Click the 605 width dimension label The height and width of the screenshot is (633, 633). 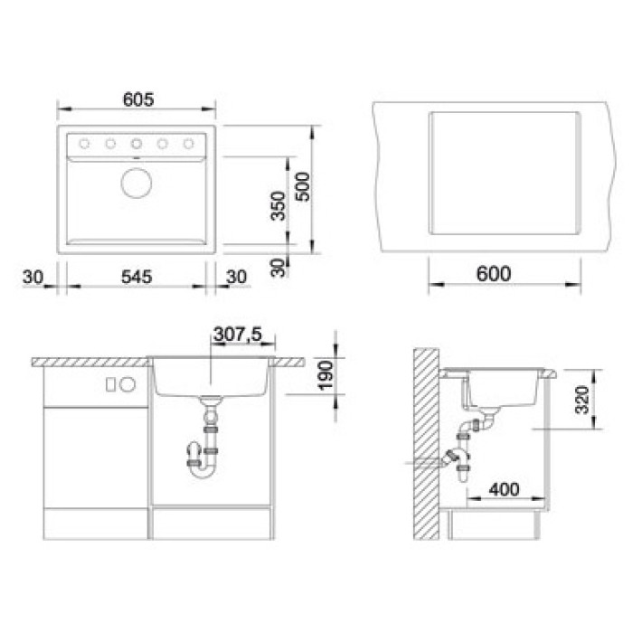(138, 99)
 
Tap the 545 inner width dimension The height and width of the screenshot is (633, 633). (137, 277)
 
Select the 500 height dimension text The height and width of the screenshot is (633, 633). (303, 186)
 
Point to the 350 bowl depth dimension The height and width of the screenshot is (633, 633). (278, 206)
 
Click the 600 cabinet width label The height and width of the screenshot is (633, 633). (494, 274)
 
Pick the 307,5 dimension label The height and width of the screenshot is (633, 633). (238, 335)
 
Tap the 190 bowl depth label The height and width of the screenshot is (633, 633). (326, 375)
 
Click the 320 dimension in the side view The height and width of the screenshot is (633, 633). (582, 400)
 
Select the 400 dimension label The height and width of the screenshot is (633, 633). (504, 490)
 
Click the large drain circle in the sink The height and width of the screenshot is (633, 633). (137, 183)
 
